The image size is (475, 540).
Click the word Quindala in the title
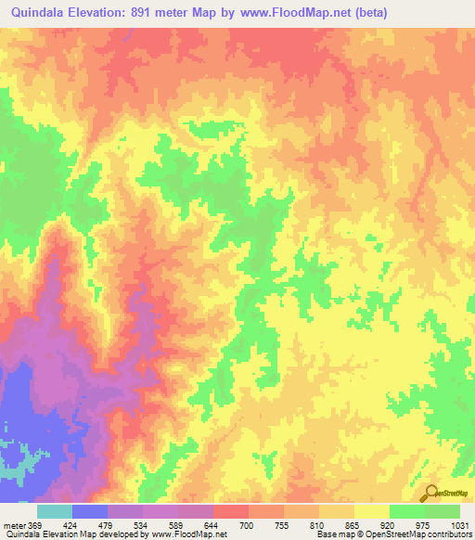[x=40, y=12]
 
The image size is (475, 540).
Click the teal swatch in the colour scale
[x=55, y=511]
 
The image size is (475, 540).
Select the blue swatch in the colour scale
[x=90, y=511]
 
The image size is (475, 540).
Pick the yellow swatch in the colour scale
[x=372, y=511]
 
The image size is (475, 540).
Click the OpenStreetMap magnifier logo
[x=430, y=494]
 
